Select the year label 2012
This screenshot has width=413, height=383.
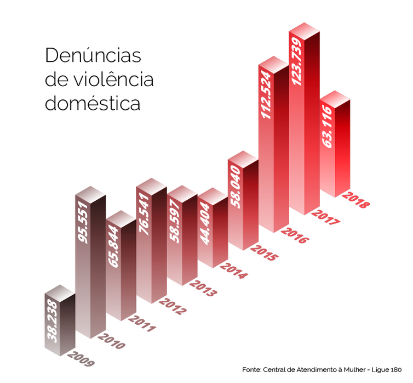(x=173, y=305)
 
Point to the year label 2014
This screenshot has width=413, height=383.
(x=234, y=268)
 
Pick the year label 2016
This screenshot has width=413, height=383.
(x=295, y=233)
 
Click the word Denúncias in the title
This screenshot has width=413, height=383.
(x=93, y=55)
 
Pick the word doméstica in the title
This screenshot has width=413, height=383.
(x=93, y=103)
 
